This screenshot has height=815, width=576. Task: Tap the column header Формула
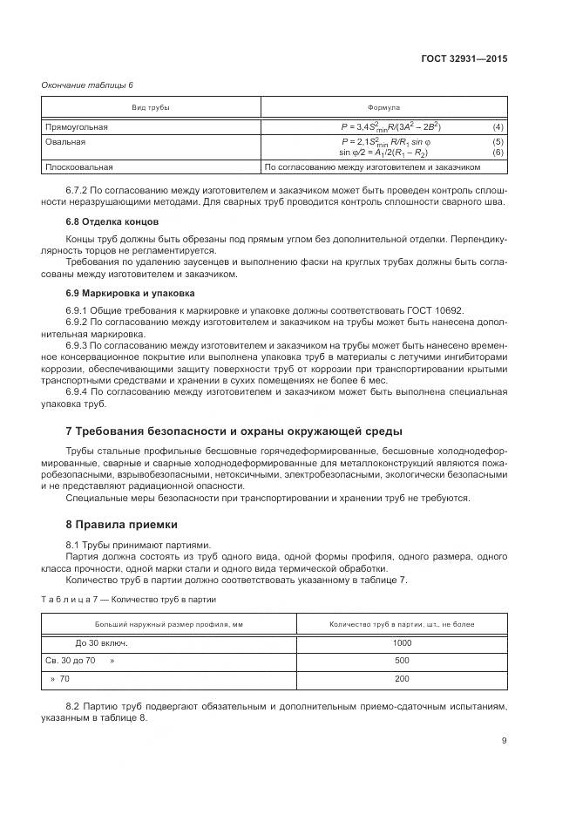click(x=383, y=107)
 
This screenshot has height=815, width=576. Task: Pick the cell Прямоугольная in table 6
click(x=77, y=126)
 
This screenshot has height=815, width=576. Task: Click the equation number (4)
click(x=498, y=126)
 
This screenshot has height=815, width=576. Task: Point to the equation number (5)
click(x=498, y=141)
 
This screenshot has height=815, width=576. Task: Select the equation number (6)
click(x=498, y=152)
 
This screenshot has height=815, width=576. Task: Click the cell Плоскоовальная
click(x=79, y=166)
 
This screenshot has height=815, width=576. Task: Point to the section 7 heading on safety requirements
click(x=234, y=431)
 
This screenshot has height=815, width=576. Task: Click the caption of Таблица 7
click(x=129, y=600)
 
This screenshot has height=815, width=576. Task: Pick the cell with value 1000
click(x=401, y=643)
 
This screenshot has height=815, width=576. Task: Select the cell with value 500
click(x=401, y=662)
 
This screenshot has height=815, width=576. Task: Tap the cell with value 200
click(x=401, y=679)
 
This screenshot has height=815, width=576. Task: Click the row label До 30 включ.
click(x=101, y=643)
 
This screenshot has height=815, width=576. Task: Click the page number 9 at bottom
click(x=504, y=741)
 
